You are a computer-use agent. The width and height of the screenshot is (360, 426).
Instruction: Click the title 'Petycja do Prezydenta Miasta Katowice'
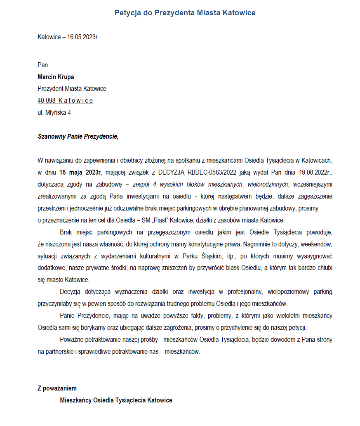coord(185,13)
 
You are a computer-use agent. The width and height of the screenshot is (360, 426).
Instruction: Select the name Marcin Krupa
coord(56,77)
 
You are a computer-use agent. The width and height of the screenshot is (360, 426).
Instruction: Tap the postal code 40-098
coord(47,100)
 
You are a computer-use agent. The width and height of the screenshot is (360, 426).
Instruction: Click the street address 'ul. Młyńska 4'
coord(54,112)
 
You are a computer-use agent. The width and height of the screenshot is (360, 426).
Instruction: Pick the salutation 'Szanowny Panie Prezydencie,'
coord(78,136)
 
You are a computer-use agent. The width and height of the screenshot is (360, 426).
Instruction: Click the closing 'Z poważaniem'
coord(57,388)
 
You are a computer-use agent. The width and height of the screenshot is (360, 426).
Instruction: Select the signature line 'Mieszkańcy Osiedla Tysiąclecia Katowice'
coord(116,400)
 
